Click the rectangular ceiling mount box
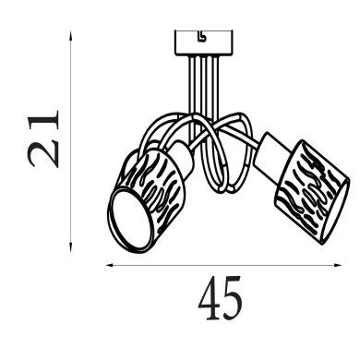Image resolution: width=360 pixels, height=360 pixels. coord(203,42)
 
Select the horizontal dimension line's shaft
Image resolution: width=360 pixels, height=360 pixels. coord(222,266)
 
